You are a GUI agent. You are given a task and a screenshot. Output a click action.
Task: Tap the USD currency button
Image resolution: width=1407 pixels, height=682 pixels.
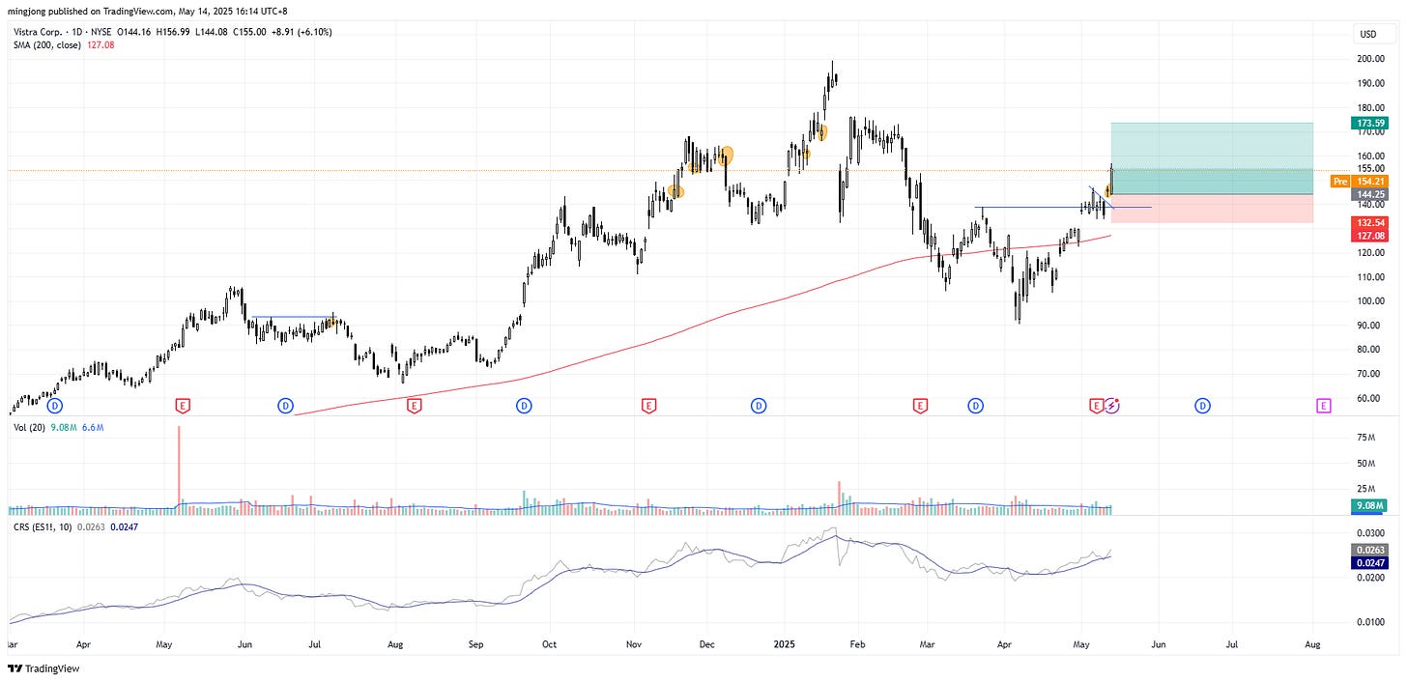coord(1367,35)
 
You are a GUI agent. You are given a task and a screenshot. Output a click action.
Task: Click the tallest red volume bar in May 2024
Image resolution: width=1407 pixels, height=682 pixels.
coord(179,464)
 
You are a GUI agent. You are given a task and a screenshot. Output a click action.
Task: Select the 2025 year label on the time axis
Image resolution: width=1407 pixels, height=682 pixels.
coord(785,642)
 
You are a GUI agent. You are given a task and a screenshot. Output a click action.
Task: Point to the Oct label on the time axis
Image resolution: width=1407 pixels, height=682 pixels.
coord(548,642)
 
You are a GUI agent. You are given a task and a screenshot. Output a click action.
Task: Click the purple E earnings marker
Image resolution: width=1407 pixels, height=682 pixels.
coord(1324,406)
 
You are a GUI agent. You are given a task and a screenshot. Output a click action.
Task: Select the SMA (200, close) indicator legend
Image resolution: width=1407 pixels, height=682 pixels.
coord(48,45)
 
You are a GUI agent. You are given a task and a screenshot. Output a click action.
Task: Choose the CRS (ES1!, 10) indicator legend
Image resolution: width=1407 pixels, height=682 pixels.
coord(46,527)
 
